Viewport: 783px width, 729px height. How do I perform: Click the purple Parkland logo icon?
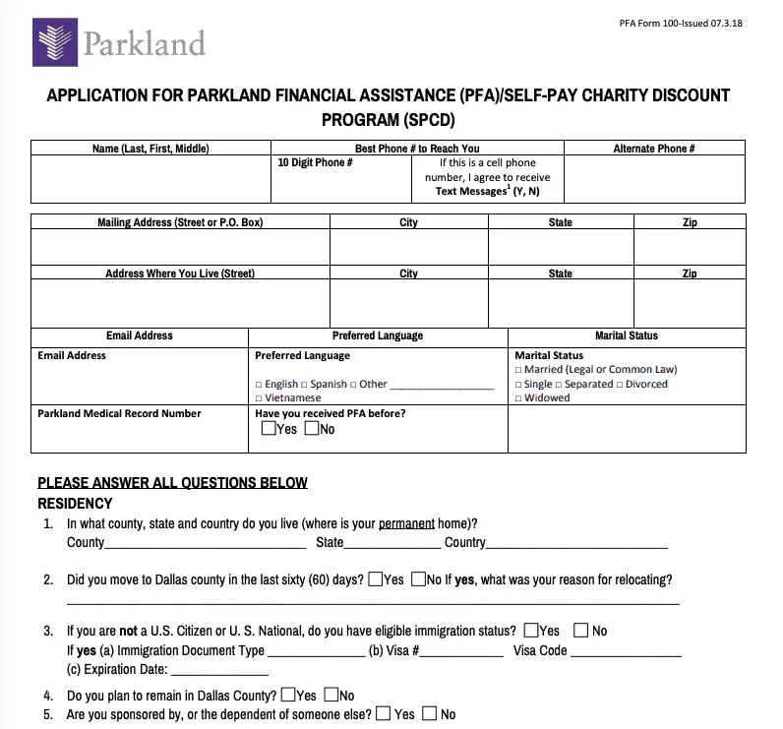(x=55, y=41)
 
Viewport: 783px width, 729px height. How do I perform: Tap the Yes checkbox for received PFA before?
(x=270, y=429)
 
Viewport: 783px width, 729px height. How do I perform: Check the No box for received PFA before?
(x=312, y=429)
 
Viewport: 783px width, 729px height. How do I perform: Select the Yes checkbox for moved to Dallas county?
(x=376, y=579)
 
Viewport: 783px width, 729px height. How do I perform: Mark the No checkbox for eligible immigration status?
(x=581, y=631)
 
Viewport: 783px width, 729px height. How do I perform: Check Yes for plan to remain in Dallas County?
(x=288, y=696)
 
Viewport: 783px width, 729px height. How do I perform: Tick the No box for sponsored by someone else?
(x=429, y=714)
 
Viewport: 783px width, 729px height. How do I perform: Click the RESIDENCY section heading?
(x=75, y=503)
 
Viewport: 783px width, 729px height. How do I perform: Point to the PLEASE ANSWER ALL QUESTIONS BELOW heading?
(x=172, y=482)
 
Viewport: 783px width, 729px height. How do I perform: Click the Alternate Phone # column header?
(x=654, y=149)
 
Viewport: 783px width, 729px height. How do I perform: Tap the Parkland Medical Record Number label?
(x=119, y=414)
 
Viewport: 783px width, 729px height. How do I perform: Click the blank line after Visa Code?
(x=626, y=651)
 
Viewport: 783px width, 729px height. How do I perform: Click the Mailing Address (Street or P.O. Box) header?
(x=180, y=222)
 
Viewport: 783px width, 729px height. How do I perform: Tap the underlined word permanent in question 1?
(x=406, y=523)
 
